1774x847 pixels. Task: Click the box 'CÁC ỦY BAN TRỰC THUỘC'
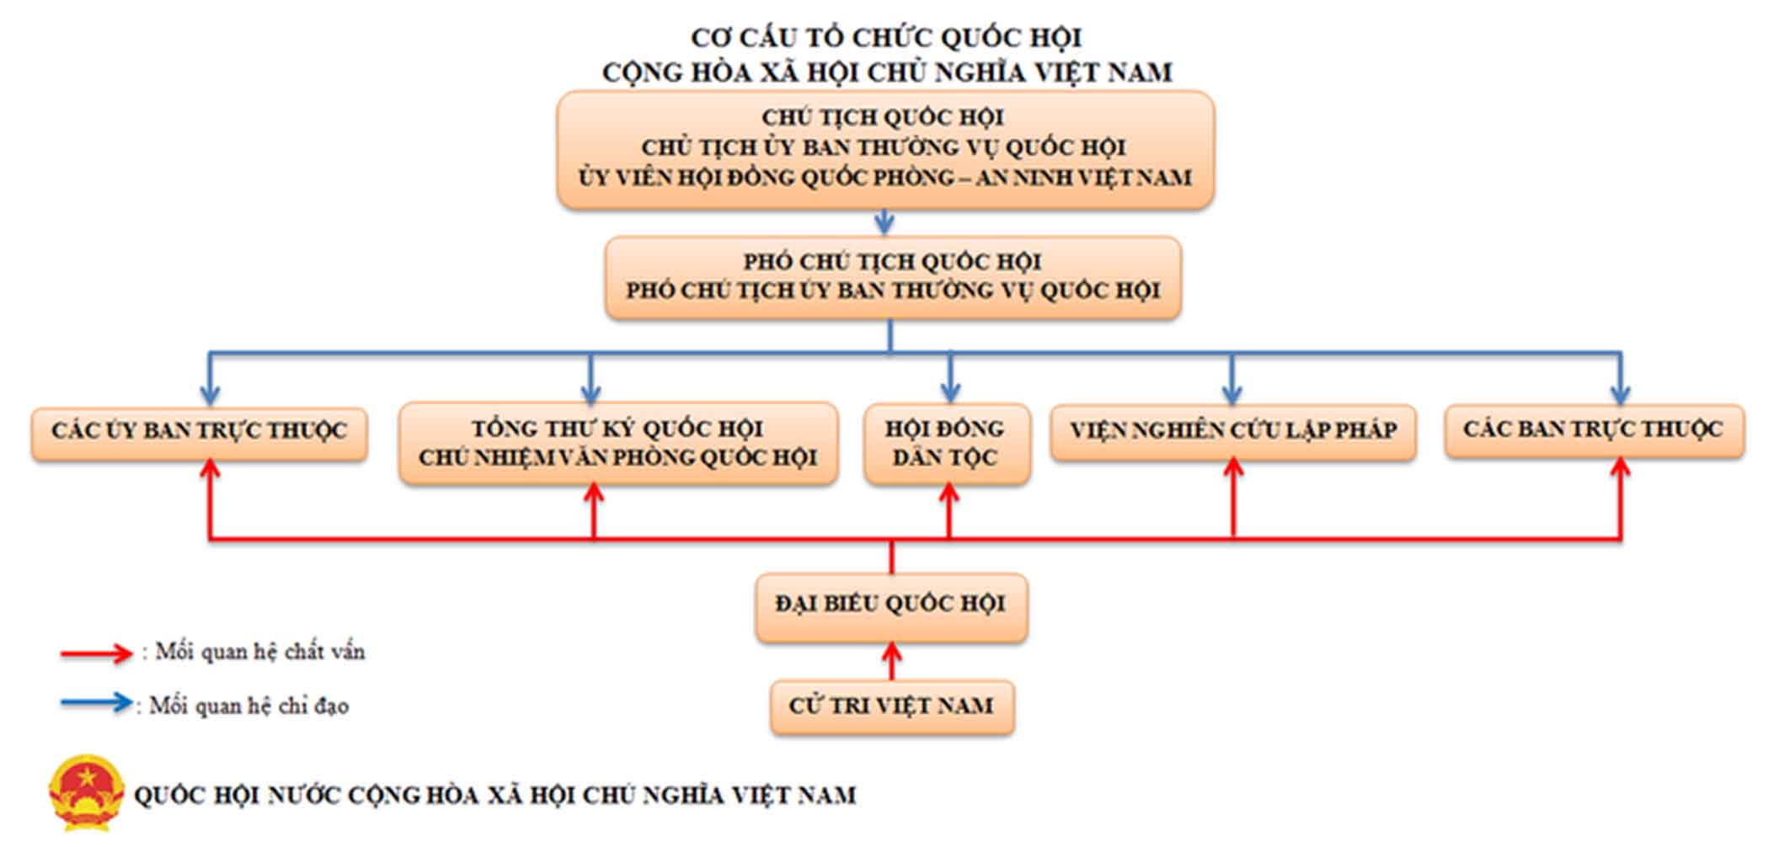[200, 434]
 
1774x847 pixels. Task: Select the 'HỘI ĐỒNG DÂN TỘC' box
[947, 444]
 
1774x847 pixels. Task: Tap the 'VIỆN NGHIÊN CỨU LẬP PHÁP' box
[1233, 432]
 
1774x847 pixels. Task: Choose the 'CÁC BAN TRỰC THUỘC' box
[1595, 430]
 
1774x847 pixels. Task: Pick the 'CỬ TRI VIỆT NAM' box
[892, 707]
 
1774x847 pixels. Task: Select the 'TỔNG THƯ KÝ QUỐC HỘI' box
[618, 444]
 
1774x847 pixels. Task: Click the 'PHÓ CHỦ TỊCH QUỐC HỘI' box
[893, 277]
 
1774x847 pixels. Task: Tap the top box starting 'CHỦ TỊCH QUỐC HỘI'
[885, 150]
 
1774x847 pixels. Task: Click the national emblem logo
[86, 792]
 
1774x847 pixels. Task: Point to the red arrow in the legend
[96, 653]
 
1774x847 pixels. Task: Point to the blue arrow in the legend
[96, 703]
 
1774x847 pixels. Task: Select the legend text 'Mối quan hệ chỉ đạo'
[249, 706]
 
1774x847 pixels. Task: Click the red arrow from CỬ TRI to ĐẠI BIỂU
[892, 662]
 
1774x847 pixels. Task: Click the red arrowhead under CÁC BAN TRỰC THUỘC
[1620, 468]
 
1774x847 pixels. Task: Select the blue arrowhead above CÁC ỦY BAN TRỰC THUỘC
[210, 395]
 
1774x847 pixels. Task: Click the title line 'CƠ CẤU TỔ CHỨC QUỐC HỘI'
[886, 38]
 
